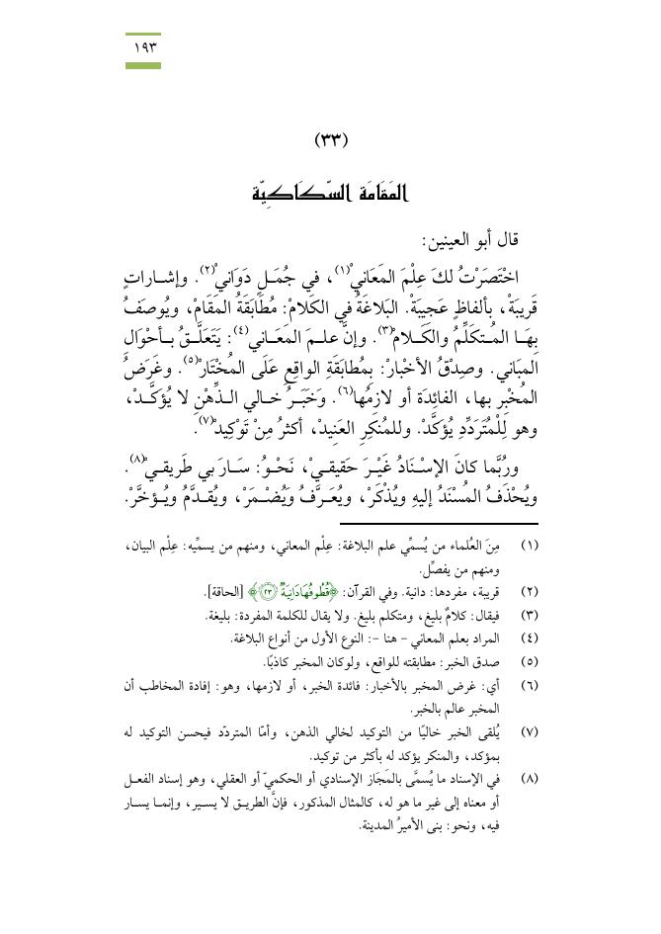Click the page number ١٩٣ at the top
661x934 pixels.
point(143,46)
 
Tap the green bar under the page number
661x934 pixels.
point(143,64)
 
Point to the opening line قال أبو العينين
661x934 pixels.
point(466,240)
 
